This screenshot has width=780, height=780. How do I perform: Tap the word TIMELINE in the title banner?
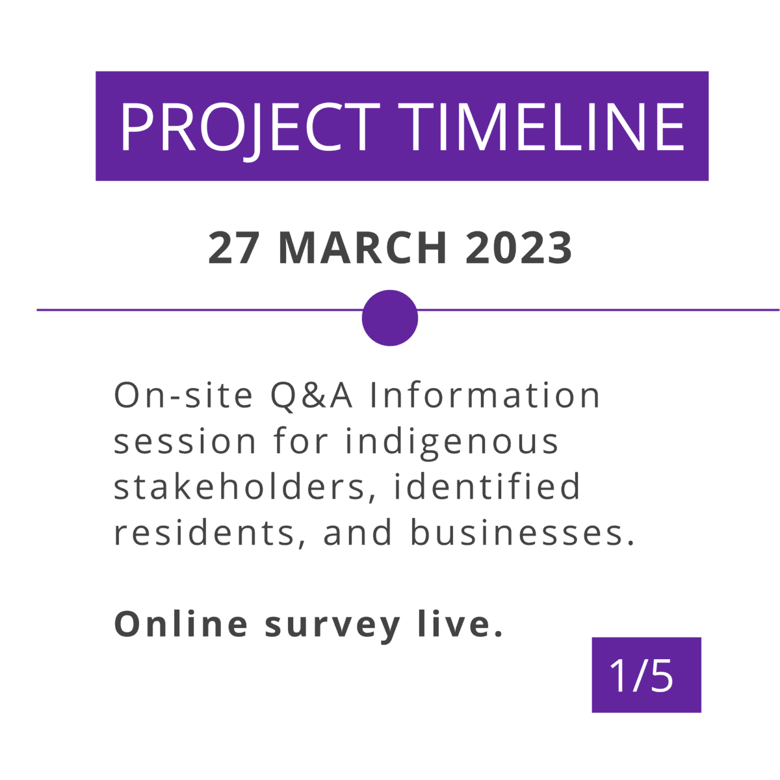pos(541,126)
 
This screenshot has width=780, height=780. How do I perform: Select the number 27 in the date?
pos(233,248)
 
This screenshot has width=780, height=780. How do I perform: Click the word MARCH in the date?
pos(363,248)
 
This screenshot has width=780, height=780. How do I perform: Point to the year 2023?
pos(519,248)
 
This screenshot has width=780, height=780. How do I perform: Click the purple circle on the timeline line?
pos(390,318)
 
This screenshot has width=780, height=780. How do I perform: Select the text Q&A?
pos(311,396)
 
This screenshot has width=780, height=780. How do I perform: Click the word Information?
pos(485,395)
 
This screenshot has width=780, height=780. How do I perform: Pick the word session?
pos(185,442)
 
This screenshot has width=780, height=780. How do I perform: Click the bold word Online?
pos(181,624)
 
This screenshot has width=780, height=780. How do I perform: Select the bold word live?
pos(460,624)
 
